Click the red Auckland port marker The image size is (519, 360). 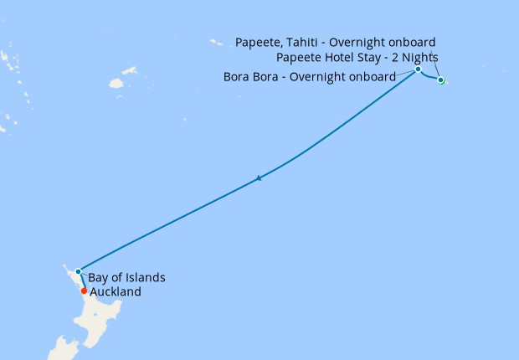coord(84,291)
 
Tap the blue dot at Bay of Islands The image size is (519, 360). coord(78,271)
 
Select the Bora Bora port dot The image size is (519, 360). coord(418,69)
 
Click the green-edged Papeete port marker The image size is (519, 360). coord(441,80)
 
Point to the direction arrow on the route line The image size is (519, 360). coord(259,177)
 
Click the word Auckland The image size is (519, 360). coord(116,292)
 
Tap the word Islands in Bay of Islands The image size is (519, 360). coord(143,277)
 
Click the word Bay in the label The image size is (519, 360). coord(98,277)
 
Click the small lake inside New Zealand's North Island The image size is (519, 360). coord(99,320)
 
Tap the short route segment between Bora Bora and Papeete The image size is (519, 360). coord(429,78)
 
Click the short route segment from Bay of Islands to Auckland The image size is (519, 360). coord(80,281)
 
